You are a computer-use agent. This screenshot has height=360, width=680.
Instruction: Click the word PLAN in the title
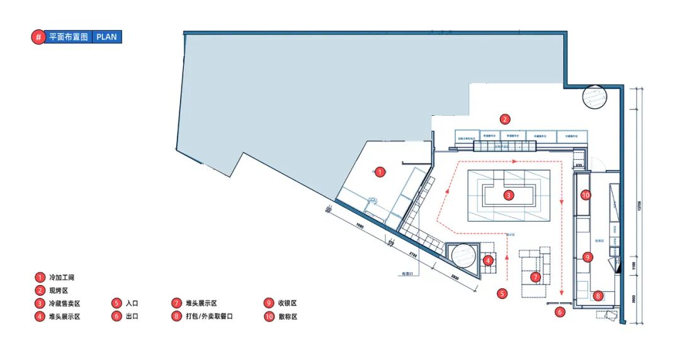(x=107, y=37)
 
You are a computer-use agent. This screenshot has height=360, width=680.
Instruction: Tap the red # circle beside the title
(x=38, y=37)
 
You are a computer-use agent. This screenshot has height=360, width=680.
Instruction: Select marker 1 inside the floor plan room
(x=379, y=171)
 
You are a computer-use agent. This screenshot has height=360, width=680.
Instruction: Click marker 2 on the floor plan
(x=504, y=118)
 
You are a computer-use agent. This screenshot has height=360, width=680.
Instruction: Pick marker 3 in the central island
(x=509, y=195)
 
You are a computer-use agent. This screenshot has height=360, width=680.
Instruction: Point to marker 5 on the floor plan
(x=502, y=293)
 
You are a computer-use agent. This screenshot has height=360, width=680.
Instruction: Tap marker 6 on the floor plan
(x=560, y=311)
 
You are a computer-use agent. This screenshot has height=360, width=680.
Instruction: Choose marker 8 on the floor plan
(x=598, y=295)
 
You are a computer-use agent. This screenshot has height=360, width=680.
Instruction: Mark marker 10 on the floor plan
(x=586, y=195)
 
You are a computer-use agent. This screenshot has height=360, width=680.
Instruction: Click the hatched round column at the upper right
(x=595, y=97)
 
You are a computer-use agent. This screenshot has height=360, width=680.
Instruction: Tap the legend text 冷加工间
(x=66, y=277)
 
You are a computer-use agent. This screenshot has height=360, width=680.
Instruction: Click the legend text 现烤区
(x=62, y=290)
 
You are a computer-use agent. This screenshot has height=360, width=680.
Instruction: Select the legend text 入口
(x=132, y=303)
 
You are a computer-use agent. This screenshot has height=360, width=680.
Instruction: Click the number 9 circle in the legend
(x=269, y=303)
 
